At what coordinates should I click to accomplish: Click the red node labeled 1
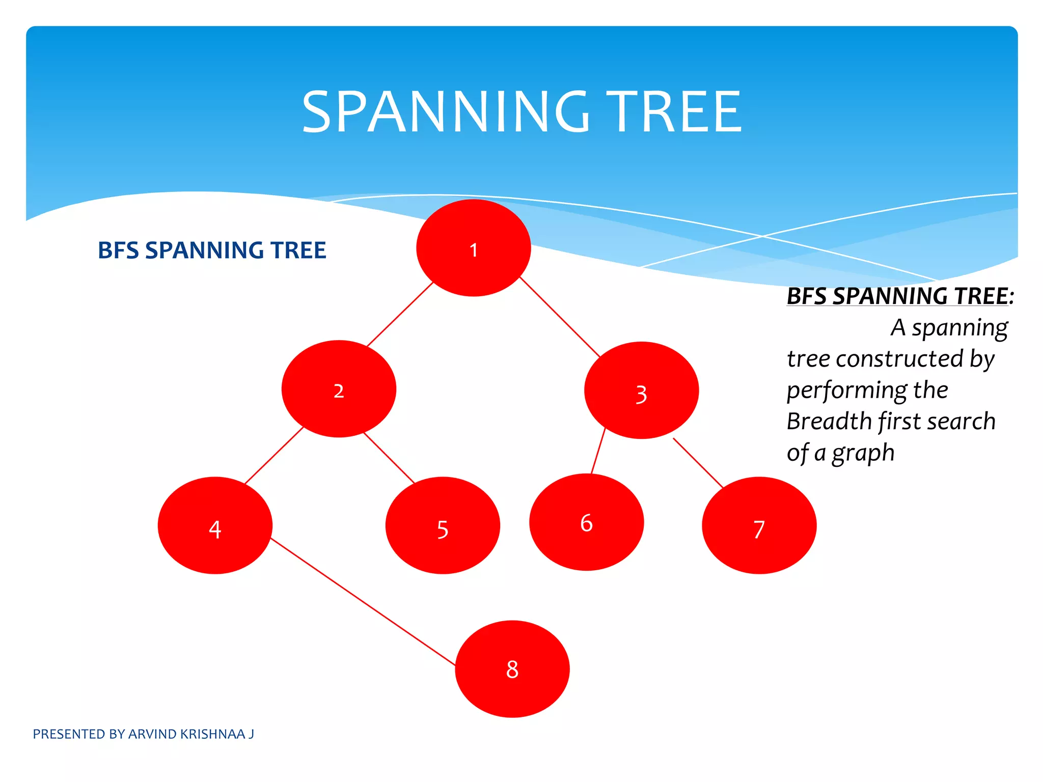click(x=474, y=248)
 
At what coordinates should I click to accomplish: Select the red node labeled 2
click(x=339, y=389)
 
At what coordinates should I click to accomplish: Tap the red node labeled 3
click(x=641, y=390)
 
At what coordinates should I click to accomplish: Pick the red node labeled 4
click(x=215, y=525)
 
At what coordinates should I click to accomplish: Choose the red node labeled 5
click(x=443, y=525)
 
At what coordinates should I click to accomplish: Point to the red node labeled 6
click(x=586, y=522)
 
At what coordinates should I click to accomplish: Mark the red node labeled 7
click(x=759, y=525)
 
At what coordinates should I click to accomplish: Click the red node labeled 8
click(x=512, y=669)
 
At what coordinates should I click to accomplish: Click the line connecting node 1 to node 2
click(x=400, y=315)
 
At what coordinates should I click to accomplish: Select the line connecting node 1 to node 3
click(x=560, y=317)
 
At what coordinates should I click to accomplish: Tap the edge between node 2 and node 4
click(x=274, y=455)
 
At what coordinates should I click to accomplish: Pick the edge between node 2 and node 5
click(x=390, y=458)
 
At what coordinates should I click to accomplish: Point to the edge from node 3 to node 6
click(x=598, y=451)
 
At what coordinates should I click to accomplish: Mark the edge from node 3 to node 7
click(x=698, y=463)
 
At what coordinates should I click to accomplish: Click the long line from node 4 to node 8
click(x=363, y=601)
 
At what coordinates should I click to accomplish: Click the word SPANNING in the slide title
click(x=446, y=112)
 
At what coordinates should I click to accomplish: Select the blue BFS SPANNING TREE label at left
click(x=212, y=250)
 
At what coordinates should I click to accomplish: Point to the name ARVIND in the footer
click(x=152, y=734)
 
